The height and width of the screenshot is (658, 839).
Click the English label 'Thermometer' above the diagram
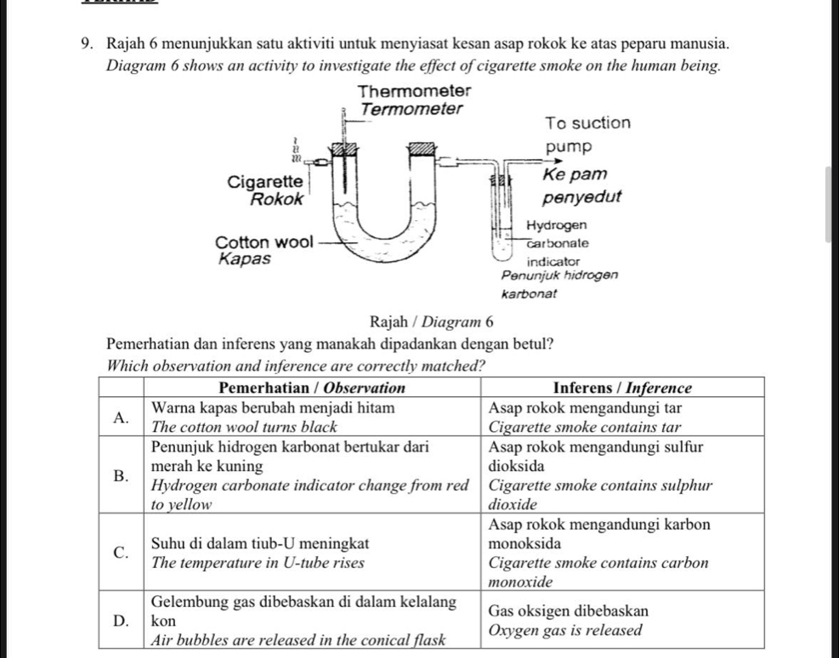click(x=414, y=91)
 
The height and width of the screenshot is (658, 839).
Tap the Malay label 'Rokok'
click(x=277, y=200)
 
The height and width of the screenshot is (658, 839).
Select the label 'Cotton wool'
click(x=264, y=242)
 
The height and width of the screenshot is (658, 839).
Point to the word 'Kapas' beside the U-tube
click(x=245, y=259)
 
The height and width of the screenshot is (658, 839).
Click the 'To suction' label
click(x=588, y=123)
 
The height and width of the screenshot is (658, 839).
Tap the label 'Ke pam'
click(x=575, y=174)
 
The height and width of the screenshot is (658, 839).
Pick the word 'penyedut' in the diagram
click(x=581, y=197)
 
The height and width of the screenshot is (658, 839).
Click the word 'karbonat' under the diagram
click(x=530, y=293)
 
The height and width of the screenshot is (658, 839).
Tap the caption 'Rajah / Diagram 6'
click(x=431, y=321)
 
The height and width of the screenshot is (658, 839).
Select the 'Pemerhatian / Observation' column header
click(x=313, y=388)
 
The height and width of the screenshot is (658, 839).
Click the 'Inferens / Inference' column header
click(x=622, y=388)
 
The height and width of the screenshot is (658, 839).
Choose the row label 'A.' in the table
click(x=122, y=417)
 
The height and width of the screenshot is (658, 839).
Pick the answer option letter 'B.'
click(x=122, y=475)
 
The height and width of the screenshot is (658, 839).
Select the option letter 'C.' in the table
click(x=122, y=553)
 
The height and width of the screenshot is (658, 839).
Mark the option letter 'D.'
click(x=122, y=621)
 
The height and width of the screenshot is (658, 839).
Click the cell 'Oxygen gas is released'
click(x=565, y=630)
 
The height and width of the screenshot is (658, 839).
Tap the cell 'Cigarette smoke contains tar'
click(x=585, y=428)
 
